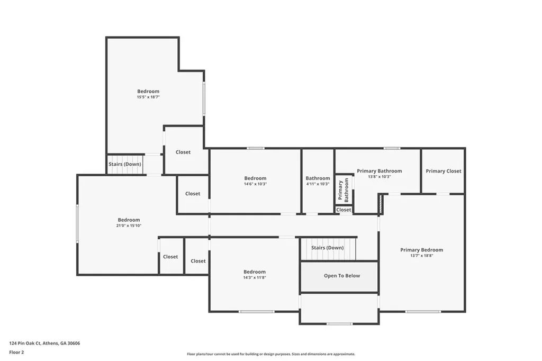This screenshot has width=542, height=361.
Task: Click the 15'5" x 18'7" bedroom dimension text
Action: pyautogui.click(x=148, y=97)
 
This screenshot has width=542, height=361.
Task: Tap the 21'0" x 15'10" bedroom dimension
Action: pyautogui.click(x=129, y=226)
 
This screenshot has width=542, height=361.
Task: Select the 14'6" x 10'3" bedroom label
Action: pyautogui.click(x=255, y=184)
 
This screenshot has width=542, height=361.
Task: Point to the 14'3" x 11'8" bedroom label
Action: pyautogui.click(x=255, y=277)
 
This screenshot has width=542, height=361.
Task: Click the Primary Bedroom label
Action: pyautogui.click(x=421, y=250)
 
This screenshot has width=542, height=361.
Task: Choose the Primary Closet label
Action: pyautogui.click(x=443, y=171)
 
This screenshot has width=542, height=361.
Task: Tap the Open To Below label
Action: pyautogui.click(x=341, y=276)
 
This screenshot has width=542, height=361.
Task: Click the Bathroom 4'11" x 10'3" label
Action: pyautogui.click(x=318, y=181)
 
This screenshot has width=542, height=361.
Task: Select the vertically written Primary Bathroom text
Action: pyautogui.click(x=344, y=190)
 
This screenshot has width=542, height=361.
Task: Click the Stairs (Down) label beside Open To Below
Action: pyautogui.click(x=327, y=248)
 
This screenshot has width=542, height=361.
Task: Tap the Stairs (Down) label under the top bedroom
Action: pyautogui.click(x=125, y=164)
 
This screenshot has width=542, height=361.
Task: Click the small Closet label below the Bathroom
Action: pyautogui.click(x=344, y=210)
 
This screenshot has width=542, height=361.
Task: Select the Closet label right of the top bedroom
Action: pyautogui.click(x=183, y=152)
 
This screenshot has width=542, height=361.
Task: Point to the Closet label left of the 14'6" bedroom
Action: pyautogui.click(x=193, y=194)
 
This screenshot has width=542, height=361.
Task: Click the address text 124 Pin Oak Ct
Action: pyautogui.click(x=44, y=343)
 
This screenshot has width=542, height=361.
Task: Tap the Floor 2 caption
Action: pyautogui.click(x=16, y=352)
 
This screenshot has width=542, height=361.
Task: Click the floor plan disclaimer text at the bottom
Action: pyautogui.click(x=271, y=354)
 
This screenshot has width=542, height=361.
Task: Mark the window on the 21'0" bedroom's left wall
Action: pyautogui.click(x=77, y=224)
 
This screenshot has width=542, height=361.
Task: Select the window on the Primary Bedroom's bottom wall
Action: pyautogui.click(x=423, y=311)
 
